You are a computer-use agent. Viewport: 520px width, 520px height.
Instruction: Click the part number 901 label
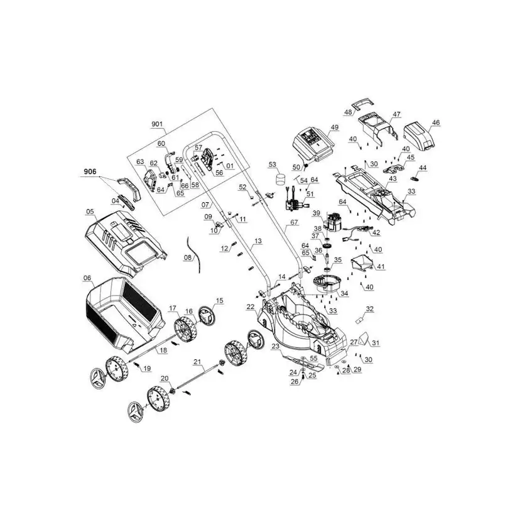point(157,124)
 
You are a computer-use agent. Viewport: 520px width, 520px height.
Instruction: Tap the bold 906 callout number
point(90,171)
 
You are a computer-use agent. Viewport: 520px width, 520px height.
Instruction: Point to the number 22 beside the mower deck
point(251,307)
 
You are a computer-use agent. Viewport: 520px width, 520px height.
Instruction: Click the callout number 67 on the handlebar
point(294,222)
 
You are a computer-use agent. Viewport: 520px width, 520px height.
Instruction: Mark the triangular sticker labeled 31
point(364,339)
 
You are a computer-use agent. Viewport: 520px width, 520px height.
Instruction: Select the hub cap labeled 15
point(207,315)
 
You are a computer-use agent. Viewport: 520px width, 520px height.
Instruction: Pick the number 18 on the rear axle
point(163,350)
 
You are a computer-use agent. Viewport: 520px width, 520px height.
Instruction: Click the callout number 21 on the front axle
point(197,362)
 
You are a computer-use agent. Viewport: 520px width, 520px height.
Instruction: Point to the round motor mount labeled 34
point(326,284)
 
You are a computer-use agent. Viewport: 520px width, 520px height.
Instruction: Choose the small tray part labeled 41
point(362,263)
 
